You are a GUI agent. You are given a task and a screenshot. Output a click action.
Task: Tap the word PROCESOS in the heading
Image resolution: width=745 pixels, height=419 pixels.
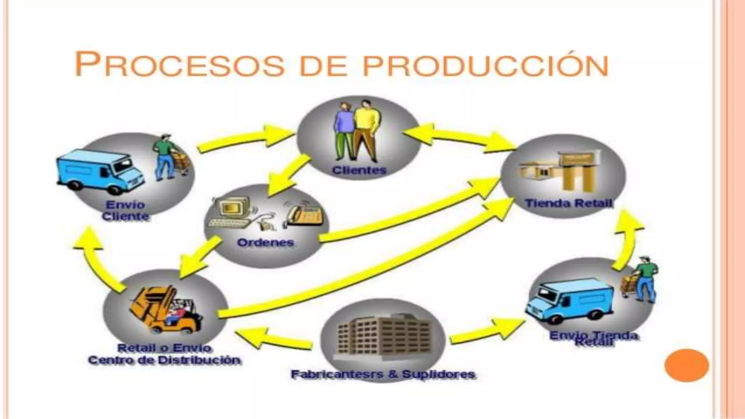[x=179, y=64]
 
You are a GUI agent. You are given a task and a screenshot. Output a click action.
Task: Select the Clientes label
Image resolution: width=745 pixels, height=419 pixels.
[x=359, y=170]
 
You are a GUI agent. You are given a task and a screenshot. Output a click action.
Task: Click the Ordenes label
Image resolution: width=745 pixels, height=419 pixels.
[x=265, y=243]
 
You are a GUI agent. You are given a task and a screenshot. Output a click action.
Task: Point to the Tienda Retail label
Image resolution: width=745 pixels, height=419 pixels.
[x=569, y=203]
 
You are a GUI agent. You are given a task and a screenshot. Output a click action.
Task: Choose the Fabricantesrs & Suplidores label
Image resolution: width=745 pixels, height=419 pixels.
[x=383, y=374]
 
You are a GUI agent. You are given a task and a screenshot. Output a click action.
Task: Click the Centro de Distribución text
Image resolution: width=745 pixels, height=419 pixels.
[x=164, y=360]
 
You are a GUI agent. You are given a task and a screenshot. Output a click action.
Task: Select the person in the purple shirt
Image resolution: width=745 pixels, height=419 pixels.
[x=344, y=131]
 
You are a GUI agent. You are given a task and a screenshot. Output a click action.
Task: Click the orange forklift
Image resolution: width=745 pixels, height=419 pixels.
[x=164, y=309]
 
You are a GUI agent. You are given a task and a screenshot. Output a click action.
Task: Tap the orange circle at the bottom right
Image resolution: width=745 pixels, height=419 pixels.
[x=686, y=365]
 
